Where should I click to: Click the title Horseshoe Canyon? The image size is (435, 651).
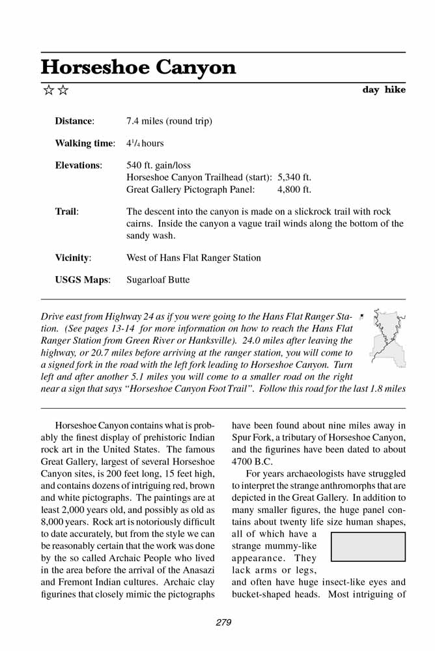point(138,67)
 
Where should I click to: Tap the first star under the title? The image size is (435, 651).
point(48,90)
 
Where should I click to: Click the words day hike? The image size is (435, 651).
point(384,90)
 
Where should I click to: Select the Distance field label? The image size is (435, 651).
point(74,121)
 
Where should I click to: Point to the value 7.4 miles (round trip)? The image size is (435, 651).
point(169,121)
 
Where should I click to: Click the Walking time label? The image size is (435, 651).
point(85,143)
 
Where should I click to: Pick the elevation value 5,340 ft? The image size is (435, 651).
point(294,177)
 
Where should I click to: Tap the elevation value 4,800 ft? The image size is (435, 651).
point(294,189)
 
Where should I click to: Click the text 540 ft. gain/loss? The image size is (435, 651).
point(158,165)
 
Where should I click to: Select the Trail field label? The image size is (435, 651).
point(66,212)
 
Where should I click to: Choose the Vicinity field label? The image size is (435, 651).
point(73,258)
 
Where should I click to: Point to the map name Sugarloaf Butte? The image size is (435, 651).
point(158,280)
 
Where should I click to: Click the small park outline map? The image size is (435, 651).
point(387,337)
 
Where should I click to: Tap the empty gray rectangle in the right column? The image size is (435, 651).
point(368,547)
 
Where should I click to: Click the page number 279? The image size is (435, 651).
point(223,623)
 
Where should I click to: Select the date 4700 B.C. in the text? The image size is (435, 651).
point(253,462)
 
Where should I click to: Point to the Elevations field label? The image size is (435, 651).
point(78,165)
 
